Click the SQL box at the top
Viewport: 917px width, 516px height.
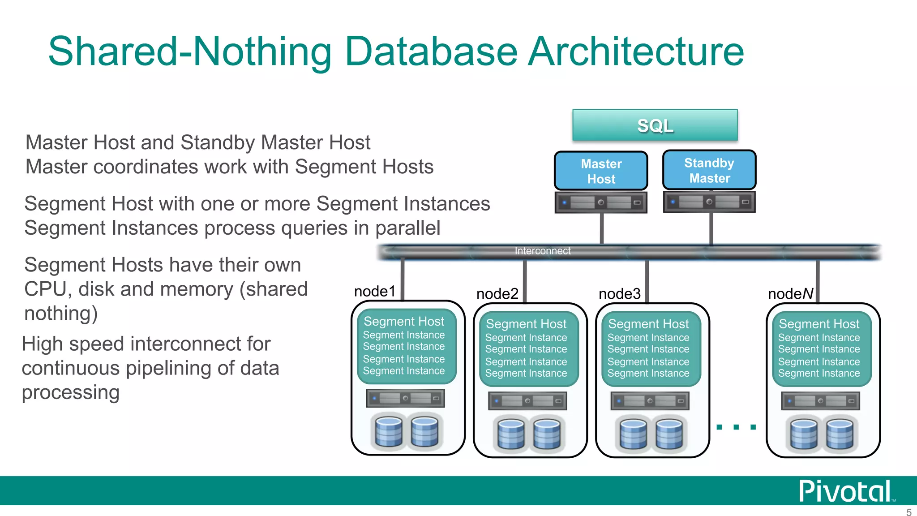click(655, 125)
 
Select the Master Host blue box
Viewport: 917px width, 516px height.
click(601, 171)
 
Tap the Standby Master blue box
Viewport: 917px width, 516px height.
click(709, 170)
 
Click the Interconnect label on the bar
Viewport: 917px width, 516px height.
click(542, 251)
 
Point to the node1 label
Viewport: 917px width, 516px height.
click(375, 292)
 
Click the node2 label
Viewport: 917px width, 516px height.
click(497, 294)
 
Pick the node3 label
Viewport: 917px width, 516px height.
click(619, 294)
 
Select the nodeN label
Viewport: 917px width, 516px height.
click(790, 294)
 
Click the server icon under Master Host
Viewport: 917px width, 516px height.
click(601, 202)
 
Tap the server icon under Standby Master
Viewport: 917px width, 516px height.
click(709, 202)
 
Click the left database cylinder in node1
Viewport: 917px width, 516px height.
click(389, 432)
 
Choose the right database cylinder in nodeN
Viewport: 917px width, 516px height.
click(840, 434)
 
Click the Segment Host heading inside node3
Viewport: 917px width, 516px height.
click(648, 324)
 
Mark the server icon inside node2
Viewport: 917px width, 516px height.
click(527, 401)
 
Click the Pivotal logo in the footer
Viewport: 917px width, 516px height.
click(844, 491)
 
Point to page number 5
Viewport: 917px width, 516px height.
click(908, 512)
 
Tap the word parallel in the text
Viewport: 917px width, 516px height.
click(407, 228)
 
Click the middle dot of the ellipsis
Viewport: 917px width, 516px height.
click(736, 427)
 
